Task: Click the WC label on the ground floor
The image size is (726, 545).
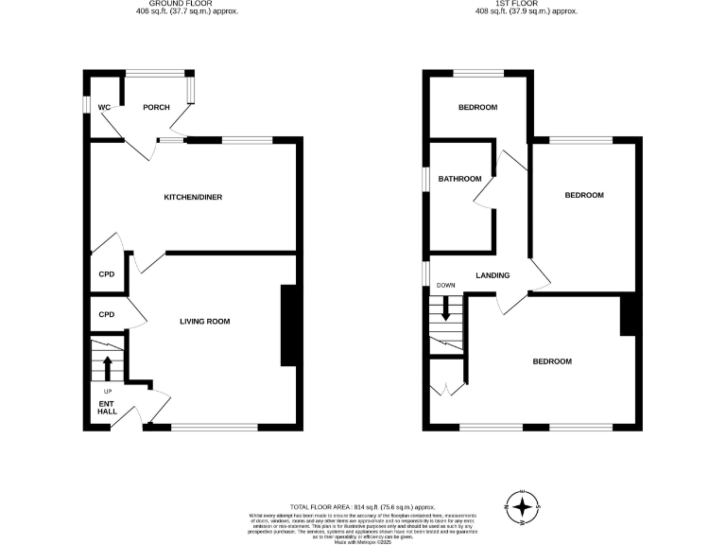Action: [104, 107]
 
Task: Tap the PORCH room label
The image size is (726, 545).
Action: [156, 107]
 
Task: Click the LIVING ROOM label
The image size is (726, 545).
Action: [205, 322]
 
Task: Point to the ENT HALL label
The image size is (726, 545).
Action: [107, 407]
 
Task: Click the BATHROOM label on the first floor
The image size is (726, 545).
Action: [460, 179]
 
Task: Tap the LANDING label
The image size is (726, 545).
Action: [493, 275]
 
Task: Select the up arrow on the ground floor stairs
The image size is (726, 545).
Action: [107, 365]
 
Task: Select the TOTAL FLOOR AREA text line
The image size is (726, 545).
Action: [363, 481]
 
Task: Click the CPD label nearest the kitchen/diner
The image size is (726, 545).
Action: [107, 274]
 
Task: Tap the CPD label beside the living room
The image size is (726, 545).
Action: [107, 314]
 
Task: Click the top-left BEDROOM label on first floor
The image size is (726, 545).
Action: [477, 107]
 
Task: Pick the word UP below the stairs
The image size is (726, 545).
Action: [107, 390]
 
